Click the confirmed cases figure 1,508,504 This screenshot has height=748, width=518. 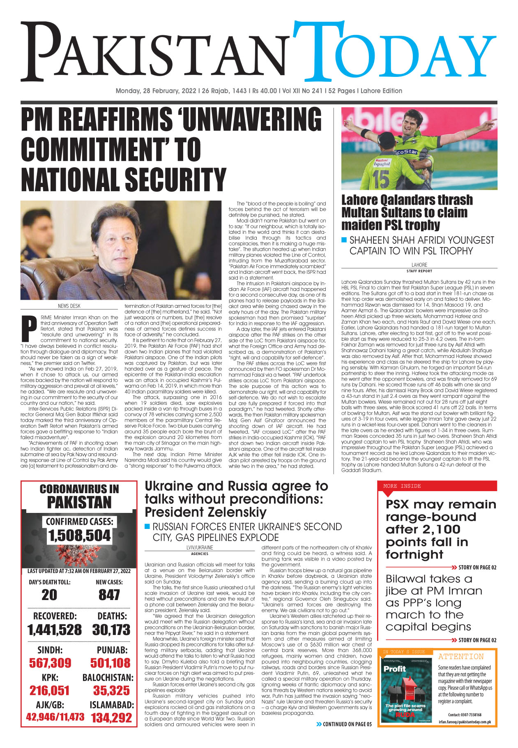click(79, 536)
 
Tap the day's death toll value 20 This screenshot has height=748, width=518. click(49, 595)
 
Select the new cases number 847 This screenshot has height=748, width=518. click(109, 595)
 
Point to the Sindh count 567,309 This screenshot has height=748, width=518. click(50, 663)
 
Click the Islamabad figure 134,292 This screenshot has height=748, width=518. click(111, 718)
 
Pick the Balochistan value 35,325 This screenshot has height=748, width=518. click(111, 690)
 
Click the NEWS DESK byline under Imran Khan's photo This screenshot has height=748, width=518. click(69, 306)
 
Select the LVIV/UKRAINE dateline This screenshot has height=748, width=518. click(200, 547)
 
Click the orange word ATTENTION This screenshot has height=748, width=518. click(461, 657)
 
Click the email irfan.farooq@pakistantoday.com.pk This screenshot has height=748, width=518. click(465, 722)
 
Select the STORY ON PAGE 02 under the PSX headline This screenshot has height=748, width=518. click(477, 568)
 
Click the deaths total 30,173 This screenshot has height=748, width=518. click(111, 630)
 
